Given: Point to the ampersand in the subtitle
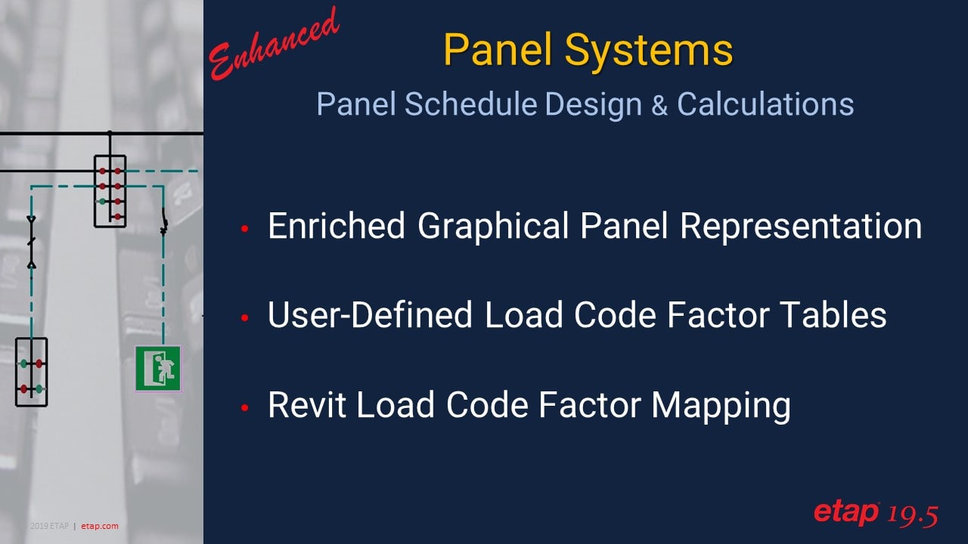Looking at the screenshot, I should (659, 105).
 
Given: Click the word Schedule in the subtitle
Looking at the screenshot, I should (470, 104).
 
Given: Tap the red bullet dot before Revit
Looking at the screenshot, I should (244, 408).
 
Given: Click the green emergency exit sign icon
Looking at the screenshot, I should (158, 369).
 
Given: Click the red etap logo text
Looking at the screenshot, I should (845, 513).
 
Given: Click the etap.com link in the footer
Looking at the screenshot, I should (100, 526).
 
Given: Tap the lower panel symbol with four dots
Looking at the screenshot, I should (31, 372).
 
